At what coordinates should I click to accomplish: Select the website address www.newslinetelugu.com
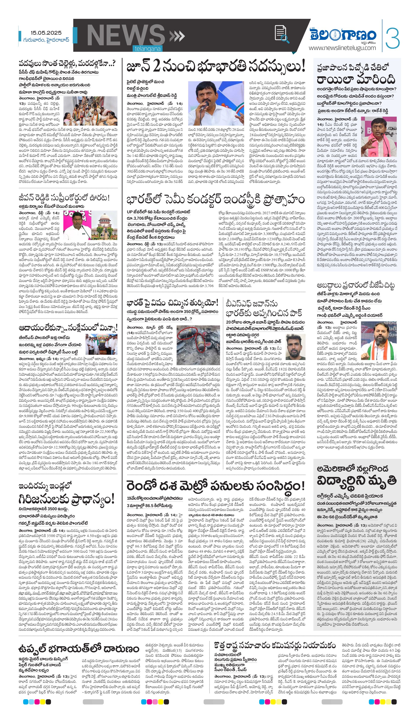(342, 48)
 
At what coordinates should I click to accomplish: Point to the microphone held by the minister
(204, 106)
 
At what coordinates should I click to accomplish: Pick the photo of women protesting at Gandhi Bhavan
(90, 111)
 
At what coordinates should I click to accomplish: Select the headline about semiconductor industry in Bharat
(216, 200)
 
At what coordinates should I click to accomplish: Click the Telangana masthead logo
(343, 35)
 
